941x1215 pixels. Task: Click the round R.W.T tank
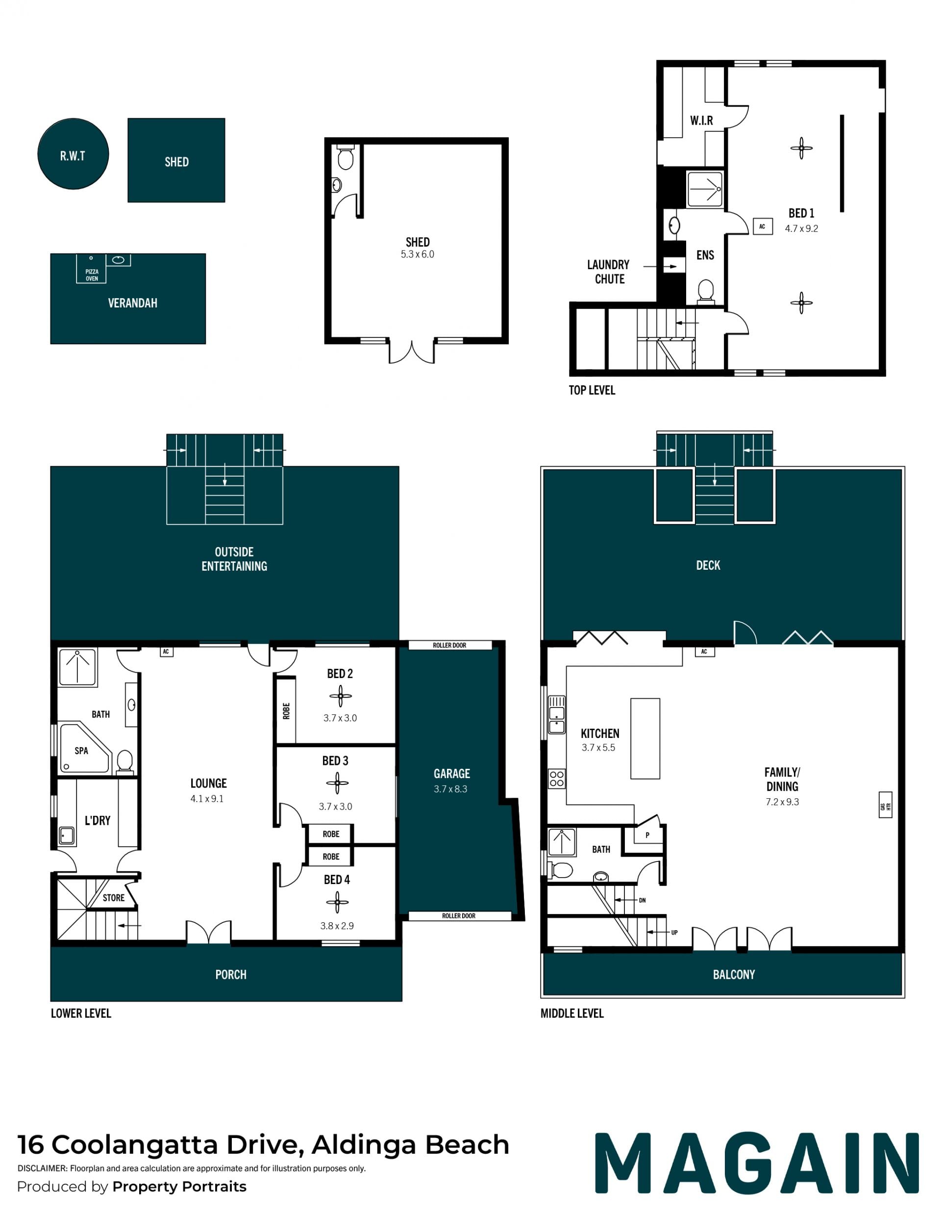73,153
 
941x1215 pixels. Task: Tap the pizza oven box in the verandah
91,269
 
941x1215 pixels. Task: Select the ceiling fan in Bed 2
340,695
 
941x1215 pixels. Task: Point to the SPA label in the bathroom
81,751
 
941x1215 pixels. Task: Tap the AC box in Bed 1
762,227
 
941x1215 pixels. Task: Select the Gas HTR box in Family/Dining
886,804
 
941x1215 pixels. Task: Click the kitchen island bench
645,738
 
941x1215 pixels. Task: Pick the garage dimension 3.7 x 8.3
450,789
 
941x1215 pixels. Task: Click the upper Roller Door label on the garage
449,645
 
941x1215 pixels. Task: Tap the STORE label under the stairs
113,897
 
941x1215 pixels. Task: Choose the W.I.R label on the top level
701,120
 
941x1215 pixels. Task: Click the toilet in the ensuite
705,292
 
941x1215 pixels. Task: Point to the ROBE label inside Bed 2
286,711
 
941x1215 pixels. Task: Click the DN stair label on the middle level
643,900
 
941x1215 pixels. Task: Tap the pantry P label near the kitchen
647,835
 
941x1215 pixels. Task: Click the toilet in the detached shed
346,157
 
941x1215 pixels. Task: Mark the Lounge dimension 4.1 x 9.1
207,798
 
